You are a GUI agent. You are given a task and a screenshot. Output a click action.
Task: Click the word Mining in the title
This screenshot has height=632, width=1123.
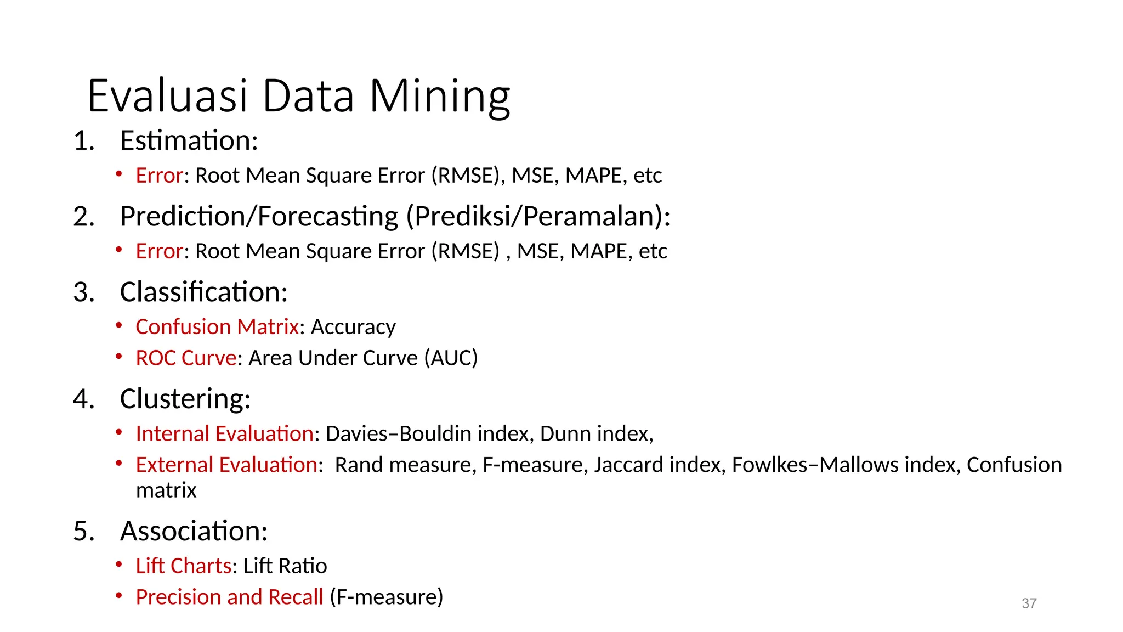click(x=440, y=97)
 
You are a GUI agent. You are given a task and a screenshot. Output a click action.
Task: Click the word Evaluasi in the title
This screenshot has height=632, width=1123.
click(x=168, y=97)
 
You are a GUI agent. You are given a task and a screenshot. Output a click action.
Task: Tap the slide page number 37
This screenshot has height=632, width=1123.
click(x=1029, y=603)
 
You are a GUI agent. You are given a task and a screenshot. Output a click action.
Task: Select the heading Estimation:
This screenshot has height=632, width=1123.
click(x=189, y=141)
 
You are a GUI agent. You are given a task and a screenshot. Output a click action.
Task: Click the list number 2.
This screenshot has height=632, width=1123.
click(x=83, y=217)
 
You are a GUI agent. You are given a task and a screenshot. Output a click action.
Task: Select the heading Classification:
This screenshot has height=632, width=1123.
click(x=203, y=292)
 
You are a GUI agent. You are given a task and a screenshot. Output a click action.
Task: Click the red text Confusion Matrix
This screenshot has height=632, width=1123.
click(x=217, y=327)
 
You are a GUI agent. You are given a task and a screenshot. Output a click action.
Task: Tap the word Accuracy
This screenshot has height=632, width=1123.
click(x=353, y=328)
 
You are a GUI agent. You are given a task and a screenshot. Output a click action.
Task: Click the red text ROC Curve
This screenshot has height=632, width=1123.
click(x=186, y=358)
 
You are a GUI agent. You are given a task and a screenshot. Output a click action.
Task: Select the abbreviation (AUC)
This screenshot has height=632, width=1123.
click(x=451, y=358)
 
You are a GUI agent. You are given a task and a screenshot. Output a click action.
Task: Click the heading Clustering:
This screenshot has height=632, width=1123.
click(x=185, y=399)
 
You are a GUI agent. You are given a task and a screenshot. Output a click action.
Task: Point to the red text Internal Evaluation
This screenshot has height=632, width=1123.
click(x=224, y=434)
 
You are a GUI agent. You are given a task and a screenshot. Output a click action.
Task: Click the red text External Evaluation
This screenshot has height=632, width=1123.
click(x=226, y=465)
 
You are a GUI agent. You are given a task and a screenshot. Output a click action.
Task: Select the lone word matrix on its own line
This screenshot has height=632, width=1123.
click(x=166, y=490)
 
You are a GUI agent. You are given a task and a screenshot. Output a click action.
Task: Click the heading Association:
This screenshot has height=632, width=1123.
click(x=194, y=532)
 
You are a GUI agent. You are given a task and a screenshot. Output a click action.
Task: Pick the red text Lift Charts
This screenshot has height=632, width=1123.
click(x=184, y=566)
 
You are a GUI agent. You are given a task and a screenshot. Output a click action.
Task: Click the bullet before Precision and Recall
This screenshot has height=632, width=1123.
click(x=118, y=596)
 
